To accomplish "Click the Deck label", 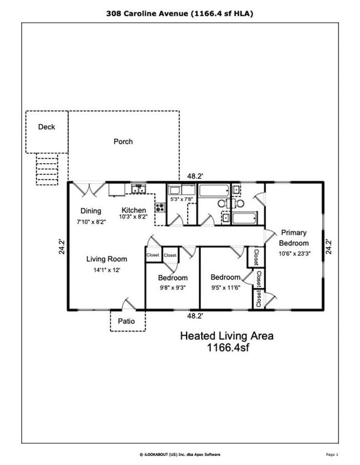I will [x=47, y=127].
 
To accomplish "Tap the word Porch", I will [x=123, y=141].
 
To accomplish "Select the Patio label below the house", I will [x=127, y=321].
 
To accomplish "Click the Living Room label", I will [x=106, y=259].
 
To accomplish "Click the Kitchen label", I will [x=134, y=210].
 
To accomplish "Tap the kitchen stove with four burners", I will [x=160, y=208].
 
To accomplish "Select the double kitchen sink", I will [x=138, y=189].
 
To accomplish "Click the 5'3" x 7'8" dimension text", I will [x=181, y=199].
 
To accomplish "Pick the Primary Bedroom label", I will [x=293, y=237].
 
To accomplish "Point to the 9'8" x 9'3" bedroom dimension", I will [x=173, y=287].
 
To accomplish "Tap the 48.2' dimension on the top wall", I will [x=194, y=176].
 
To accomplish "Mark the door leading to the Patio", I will [x=128, y=304].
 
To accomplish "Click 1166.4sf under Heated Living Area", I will [x=227, y=348].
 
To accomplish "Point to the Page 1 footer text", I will [x=332, y=454].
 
